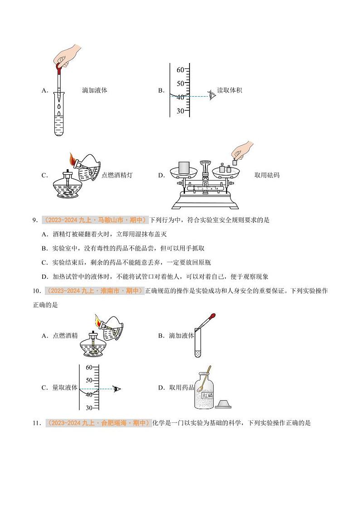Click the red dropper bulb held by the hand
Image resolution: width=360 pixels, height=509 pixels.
58,68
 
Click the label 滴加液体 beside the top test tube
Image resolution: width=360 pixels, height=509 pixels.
95,90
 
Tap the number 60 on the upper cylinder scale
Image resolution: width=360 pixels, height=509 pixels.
180,70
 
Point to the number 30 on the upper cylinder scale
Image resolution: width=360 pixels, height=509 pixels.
180,111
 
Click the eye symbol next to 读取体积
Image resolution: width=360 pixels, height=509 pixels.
212,95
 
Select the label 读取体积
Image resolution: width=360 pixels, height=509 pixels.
229,90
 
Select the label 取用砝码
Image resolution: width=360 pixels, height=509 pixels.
267,175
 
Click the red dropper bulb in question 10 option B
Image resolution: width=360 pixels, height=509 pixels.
213,316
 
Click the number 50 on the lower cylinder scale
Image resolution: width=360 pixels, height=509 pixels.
89,380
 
